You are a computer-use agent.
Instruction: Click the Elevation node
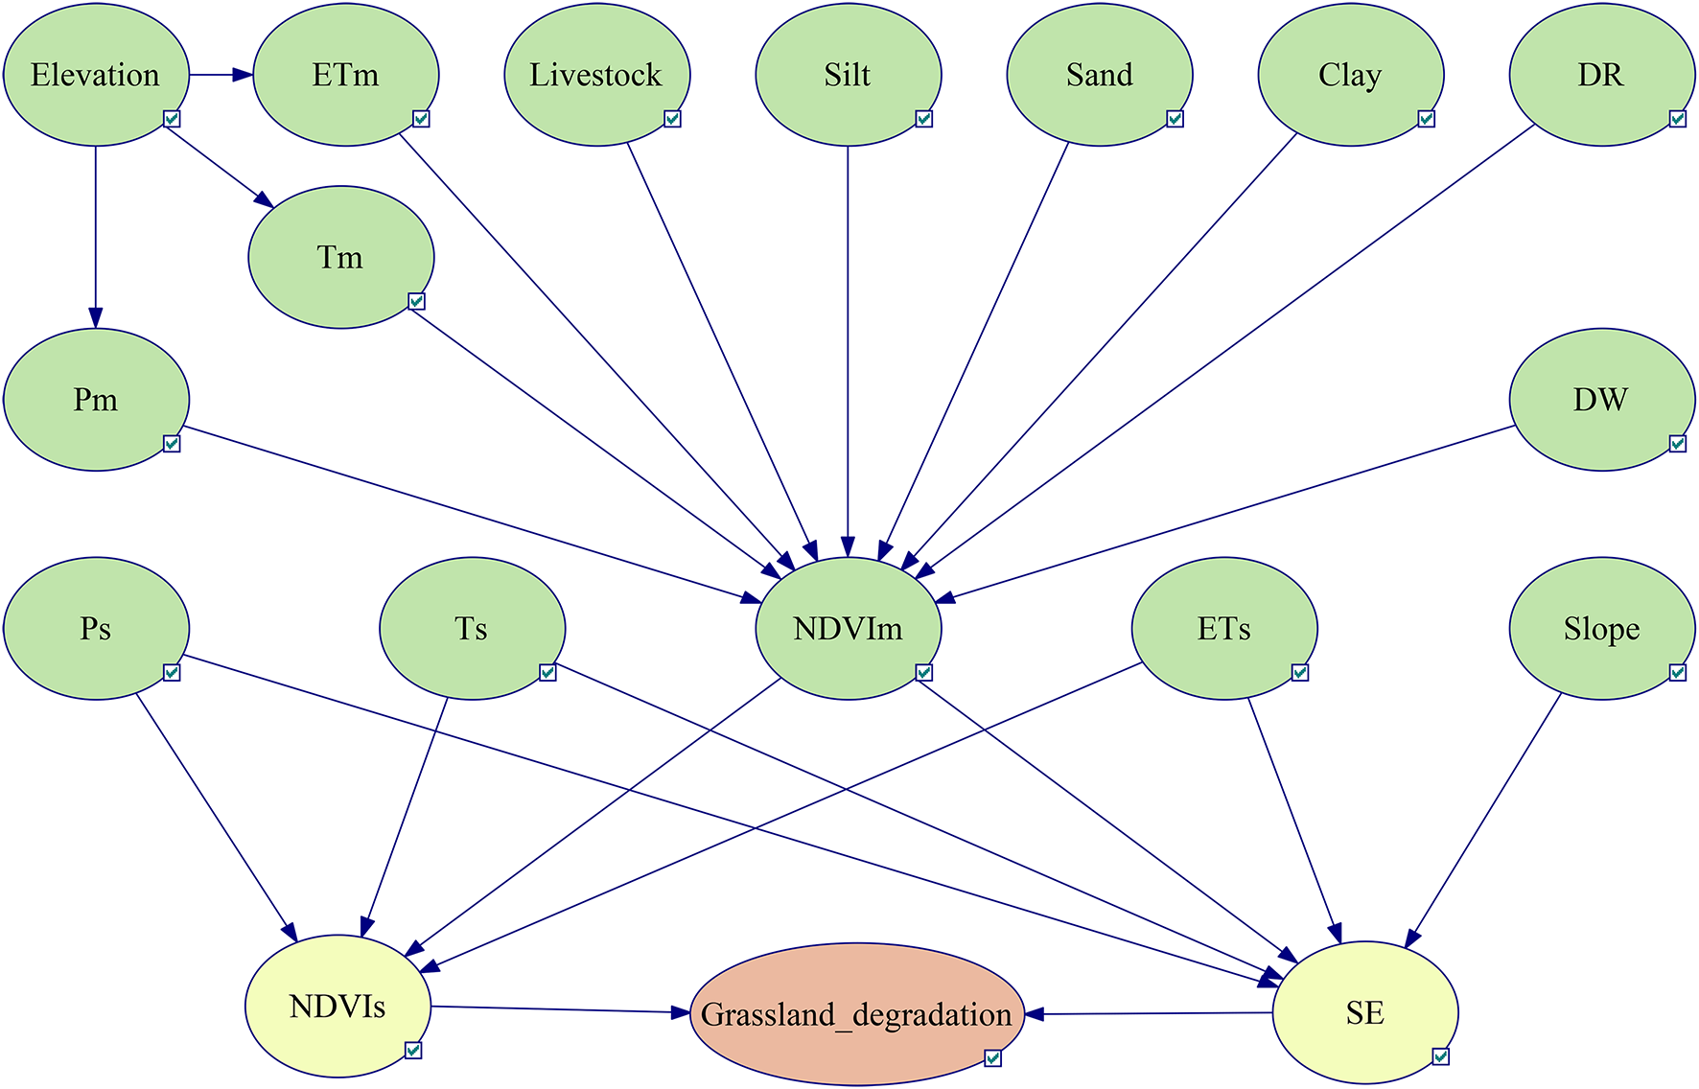pyautogui.click(x=96, y=75)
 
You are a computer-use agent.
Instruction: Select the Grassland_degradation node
pyautogui.click(x=856, y=1014)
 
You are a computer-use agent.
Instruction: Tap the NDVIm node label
pyautogui.click(x=848, y=629)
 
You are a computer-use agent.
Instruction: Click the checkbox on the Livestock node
pyautogui.click(x=673, y=119)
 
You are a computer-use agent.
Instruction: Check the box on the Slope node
pyautogui.click(x=1677, y=673)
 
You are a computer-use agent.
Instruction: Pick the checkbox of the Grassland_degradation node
pyautogui.click(x=993, y=1058)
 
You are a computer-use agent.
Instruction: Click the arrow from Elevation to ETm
pyautogui.click(x=221, y=75)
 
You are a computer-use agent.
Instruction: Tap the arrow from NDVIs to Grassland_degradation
pyautogui.click(x=560, y=1009)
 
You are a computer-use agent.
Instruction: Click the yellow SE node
pyautogui.click(x=1365, y=1013)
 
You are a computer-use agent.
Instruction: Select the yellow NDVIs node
pyautogui.click(x=337, y=1007)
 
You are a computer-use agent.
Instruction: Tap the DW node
pyautogui.click(x=1601, y=400)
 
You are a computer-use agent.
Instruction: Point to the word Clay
pyautogui.click(x=1350, y=75)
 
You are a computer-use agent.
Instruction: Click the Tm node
pyautogui.click(x=340, y=257)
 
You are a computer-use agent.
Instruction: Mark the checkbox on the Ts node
pyautogui.click(x=547, y=673)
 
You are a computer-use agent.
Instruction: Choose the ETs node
pyautogui.click(x=1224, y=629)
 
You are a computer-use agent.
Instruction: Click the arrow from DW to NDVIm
pyautogui.click(x=1227, y=514)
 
